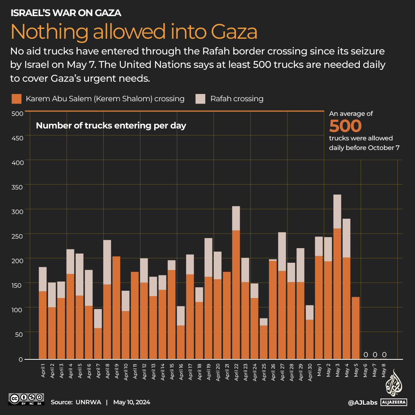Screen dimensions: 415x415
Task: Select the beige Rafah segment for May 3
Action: pyautogui.click(x=337, y=211)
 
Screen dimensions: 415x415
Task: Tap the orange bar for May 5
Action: pyautogui.click(x=356, y=328)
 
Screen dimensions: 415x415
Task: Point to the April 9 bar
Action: pyautogui.click(x=116, y=307)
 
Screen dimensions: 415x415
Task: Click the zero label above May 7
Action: pyautogui.click(x=375, y=354)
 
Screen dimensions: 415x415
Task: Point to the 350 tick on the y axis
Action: pyautogui.click(x=18, y=187)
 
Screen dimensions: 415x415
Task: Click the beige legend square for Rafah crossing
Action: pyautogui.click(x=200, y=99)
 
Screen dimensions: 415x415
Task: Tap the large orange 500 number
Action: pyautogui.click(x=345, y=126)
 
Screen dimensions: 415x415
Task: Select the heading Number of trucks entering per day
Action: pyautogui.click(x=111, y=125)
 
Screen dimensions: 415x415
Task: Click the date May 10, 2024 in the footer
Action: pyautogui.click(x=132, y=402)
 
